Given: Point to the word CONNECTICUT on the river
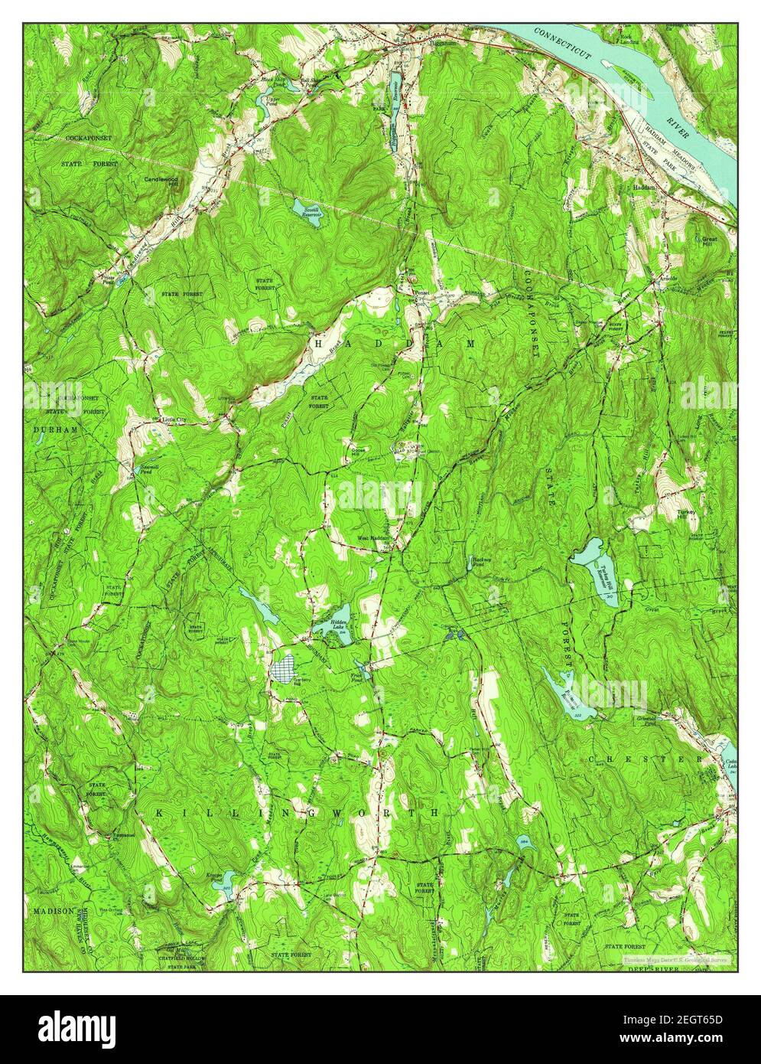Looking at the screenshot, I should click(x=564, y=44).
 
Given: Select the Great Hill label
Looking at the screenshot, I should click(x=711, y=240).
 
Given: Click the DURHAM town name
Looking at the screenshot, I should click(x=55, y=430).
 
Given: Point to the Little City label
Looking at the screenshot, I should click(x=173, y=420).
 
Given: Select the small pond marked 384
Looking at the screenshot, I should click(x=524, y=841).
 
